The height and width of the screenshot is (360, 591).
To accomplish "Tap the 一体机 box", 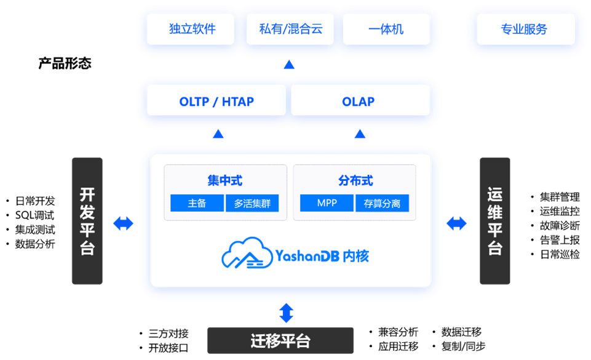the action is [x=386, y=29].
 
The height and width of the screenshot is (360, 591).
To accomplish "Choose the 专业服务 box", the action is [x=524, y=29].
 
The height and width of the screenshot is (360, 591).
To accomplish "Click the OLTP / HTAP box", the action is [x=216, y=101].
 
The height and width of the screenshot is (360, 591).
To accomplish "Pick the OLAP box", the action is [x=359, y=101].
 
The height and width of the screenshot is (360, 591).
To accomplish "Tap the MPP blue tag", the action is [x=327, y=203].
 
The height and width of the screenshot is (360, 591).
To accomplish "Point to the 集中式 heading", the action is [x=224, y=181].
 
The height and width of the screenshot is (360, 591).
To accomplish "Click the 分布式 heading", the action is [x=355, y=181].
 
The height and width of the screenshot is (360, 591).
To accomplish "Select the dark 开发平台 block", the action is [x=87, y=221].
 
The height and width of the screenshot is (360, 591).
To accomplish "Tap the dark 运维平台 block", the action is [x=495, y=221].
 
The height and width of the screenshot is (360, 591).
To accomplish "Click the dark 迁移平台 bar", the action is [x=280, y=340].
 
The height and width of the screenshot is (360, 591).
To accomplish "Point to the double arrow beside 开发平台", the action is [x=124, y=223].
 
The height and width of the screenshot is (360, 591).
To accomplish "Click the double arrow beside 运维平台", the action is [x=456, y=223].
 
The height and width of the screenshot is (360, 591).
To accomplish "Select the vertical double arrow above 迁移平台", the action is [x=286, y=313].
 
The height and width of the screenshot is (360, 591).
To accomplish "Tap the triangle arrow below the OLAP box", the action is [x=360, y=134].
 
